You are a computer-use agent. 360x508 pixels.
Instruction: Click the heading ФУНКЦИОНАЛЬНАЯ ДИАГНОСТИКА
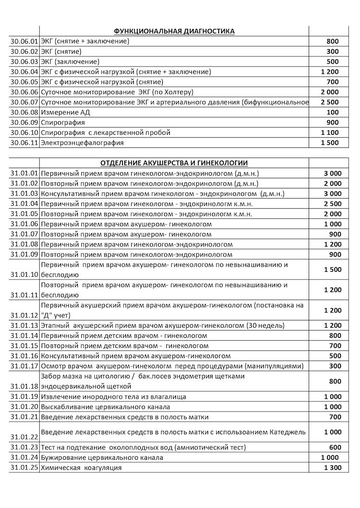[x=174, y=31]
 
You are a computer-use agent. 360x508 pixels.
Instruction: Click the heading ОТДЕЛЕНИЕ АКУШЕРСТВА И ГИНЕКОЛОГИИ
[x=174, y=163]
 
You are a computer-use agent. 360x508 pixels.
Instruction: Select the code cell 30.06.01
[x=24, y=42]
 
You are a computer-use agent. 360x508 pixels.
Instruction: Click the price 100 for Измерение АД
[x=333, y=112]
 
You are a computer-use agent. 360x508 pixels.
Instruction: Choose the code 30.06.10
[x=24, y=133]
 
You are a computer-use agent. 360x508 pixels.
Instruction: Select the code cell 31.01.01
[x=24, y=173]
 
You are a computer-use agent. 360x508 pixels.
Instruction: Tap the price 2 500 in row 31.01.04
[x=332, y=204]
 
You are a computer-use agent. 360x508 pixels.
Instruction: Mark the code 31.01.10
[x=24, y=274]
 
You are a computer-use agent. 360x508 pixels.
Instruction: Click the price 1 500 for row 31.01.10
[x=332, y=270]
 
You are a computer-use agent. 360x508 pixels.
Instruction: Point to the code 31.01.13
[x=24, y=326]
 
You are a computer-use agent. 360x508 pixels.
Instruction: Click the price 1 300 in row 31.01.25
[x=332, y=467]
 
